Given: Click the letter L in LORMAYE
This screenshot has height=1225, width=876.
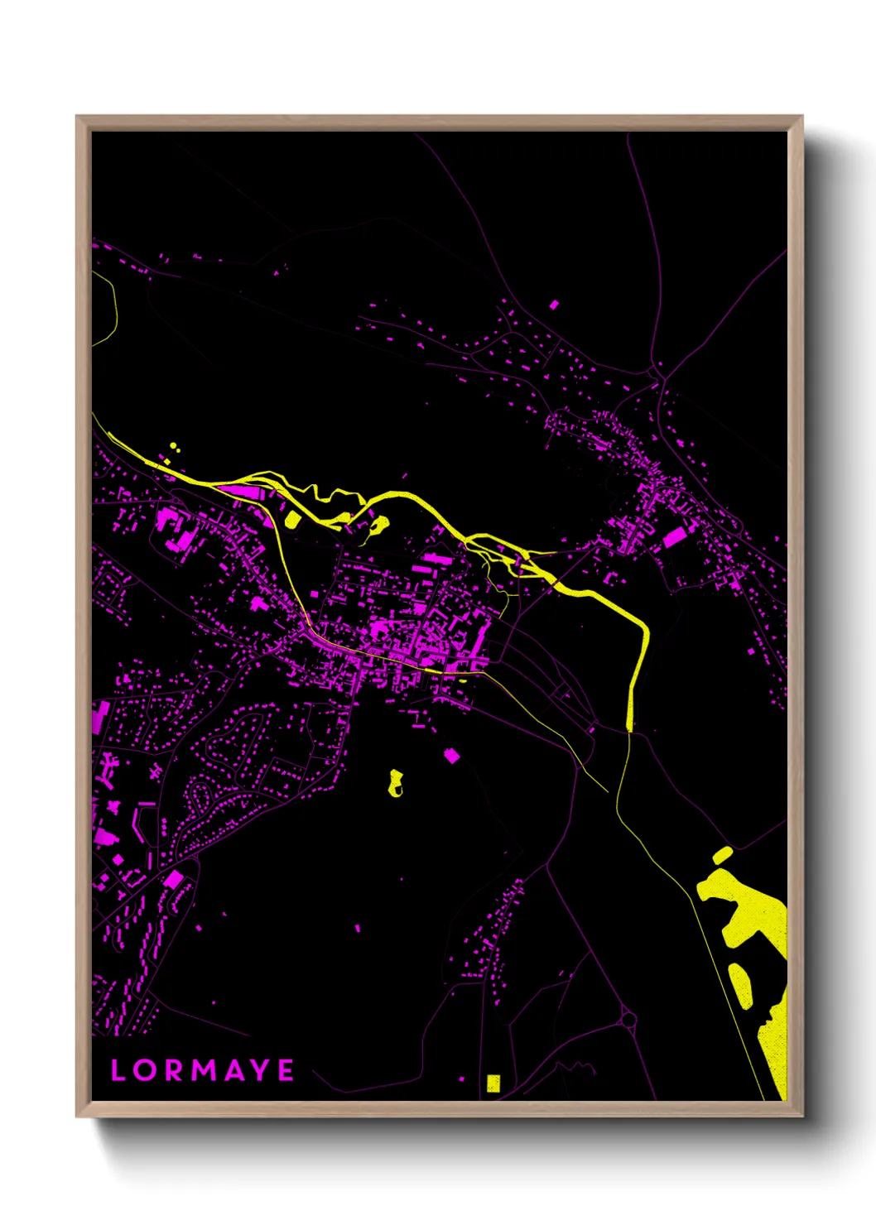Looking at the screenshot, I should [118, 1070].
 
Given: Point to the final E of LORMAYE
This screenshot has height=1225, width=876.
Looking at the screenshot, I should [286, 1070].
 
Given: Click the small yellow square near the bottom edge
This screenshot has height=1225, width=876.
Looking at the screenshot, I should [493, 1083].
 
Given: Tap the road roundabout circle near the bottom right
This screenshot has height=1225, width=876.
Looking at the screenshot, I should [628, 1019].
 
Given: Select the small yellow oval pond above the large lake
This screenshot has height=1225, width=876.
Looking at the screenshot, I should [722, 855].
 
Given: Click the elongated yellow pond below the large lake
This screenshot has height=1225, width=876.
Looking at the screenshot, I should [739, 985].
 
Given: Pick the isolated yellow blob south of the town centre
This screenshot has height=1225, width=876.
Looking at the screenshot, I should [396, 782].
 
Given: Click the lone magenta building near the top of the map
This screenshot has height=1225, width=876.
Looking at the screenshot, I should [554, 305].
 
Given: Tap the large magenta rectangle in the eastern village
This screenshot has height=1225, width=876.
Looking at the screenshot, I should [675, 536].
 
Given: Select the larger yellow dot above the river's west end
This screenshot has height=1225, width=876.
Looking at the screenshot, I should [173, 447].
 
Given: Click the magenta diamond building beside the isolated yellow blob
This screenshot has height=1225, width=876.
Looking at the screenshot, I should [451, 755].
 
